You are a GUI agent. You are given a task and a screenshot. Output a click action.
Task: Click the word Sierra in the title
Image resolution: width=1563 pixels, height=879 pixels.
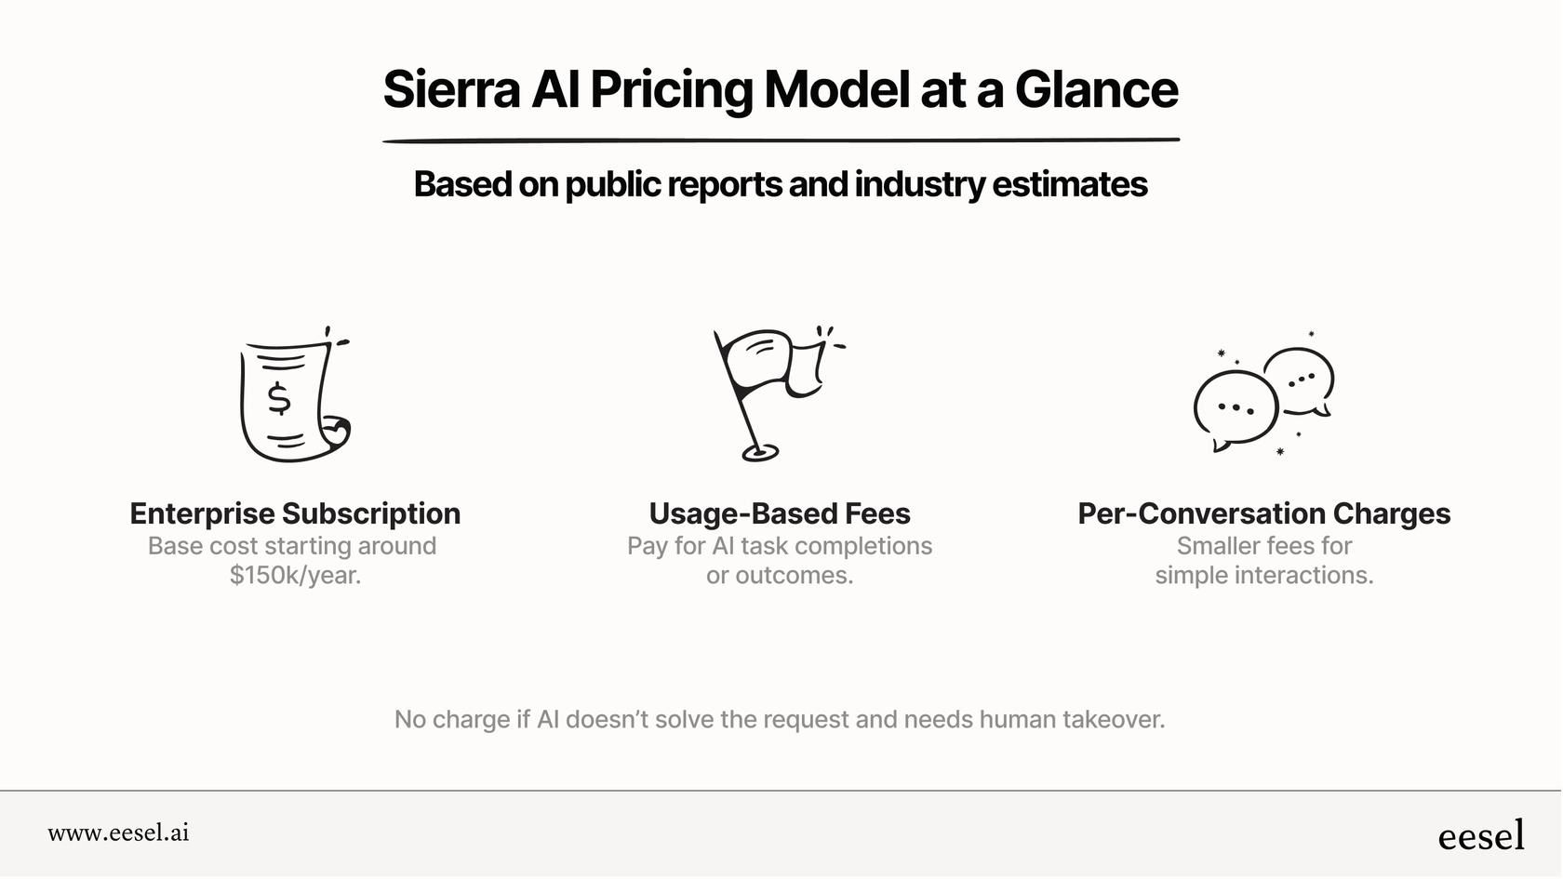coord(451,89)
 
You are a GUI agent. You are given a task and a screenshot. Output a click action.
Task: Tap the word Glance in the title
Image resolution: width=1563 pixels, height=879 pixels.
coord(1096,89)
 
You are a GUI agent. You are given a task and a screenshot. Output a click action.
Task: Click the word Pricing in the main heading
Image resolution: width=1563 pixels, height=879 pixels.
coord(671,91)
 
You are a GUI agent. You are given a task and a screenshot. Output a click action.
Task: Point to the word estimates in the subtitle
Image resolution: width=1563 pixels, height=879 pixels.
coord(1069,184)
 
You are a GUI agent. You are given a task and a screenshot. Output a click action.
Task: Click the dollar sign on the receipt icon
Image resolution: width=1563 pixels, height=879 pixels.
coord(278,398)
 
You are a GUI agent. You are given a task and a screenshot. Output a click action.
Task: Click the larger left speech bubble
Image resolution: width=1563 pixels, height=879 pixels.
coord(1235,408)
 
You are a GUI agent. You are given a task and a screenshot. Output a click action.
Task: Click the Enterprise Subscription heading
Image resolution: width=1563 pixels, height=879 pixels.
coord(295,513)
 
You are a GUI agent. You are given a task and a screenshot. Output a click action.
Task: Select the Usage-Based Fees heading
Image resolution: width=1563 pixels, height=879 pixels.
coord(780,513)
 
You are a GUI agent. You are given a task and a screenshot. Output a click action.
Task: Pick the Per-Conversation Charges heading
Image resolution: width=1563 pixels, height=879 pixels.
coord(1263,513)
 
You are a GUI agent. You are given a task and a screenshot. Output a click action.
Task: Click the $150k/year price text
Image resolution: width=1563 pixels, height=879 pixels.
coord(295,576)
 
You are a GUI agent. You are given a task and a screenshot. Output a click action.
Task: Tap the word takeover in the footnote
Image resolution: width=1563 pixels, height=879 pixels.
coord(1113,719)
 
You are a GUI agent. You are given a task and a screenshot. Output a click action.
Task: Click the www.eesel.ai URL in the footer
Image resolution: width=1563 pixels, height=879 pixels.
coord(118,832)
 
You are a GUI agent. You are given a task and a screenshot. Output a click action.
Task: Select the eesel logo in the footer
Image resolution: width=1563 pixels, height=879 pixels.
coord(1481,835)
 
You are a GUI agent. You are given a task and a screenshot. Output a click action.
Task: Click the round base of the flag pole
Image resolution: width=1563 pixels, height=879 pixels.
coord(759,454)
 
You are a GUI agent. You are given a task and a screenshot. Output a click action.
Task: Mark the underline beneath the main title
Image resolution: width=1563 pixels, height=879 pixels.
coord(781,140)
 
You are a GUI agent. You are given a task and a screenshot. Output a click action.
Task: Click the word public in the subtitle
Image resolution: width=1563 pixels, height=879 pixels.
coord(613,184)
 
